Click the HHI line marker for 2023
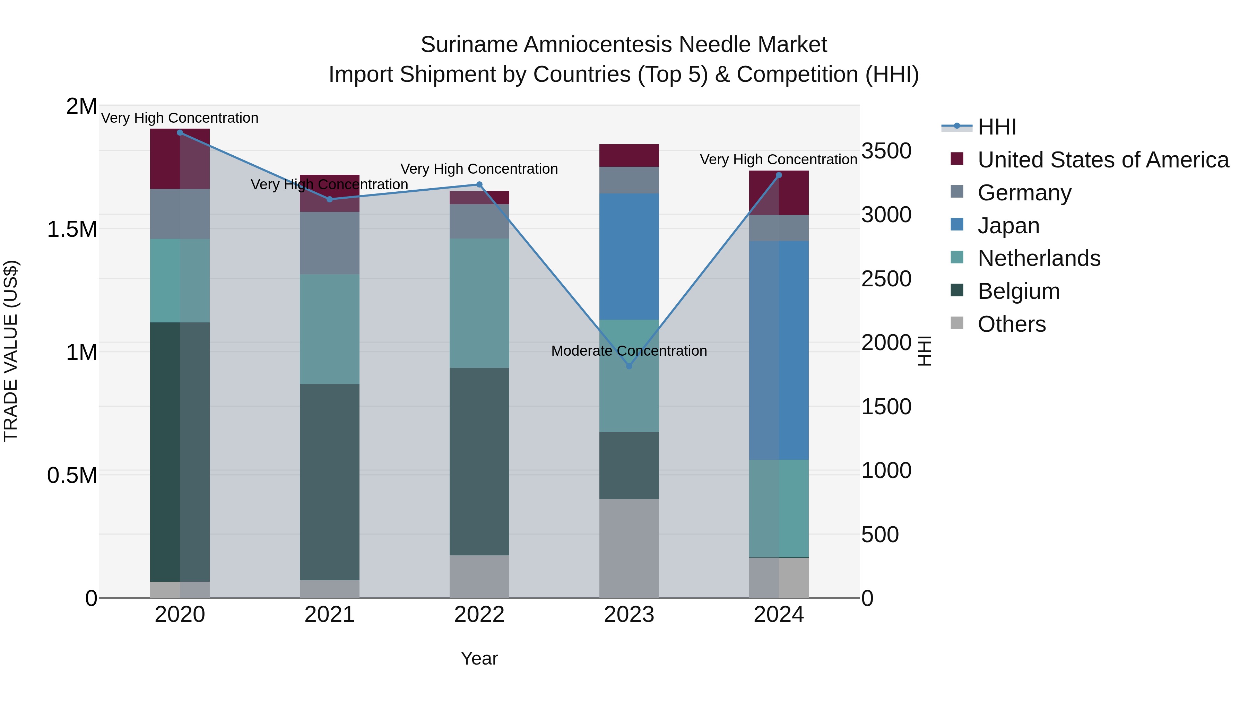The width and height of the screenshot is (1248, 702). pos(629,366)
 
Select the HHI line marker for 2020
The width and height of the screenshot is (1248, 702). pos(180,132)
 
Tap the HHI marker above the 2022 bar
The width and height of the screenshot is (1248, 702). pos(479,184)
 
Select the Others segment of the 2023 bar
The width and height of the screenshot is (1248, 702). pos(629,548)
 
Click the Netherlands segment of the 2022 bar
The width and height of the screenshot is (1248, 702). pos(479,303)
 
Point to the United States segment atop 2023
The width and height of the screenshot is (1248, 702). pos(629,156)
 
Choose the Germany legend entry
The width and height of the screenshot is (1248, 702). pos(1024,193)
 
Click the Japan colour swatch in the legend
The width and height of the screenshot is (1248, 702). pos(957,225)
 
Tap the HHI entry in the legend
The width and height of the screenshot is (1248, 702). pos(997,127)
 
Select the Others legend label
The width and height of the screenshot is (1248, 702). pos(1012,324)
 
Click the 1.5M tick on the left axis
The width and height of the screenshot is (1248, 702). pos(72,229)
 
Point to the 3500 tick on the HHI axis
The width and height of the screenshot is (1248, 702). pos(886,151)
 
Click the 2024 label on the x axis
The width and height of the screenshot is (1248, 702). pos(779,615)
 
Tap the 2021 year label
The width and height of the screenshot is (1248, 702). pos(329,615)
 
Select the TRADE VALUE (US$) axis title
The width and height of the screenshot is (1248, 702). pos(11,351)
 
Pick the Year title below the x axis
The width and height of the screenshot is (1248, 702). pos(479,658)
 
